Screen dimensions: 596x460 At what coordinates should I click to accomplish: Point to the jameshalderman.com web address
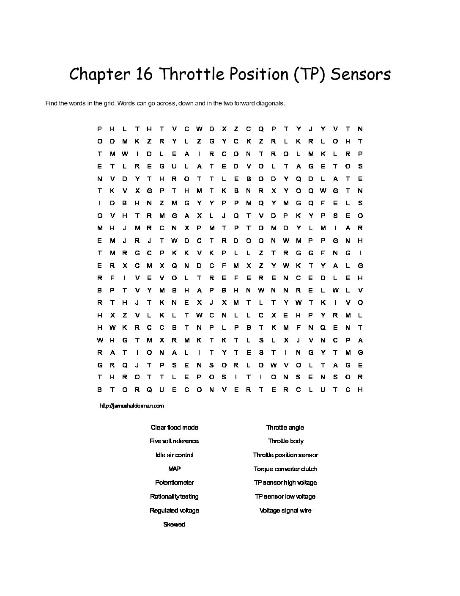[131, 406]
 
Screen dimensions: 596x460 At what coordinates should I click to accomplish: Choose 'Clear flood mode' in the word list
[174, 428]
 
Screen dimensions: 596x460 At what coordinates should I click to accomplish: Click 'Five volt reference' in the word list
[174, 441]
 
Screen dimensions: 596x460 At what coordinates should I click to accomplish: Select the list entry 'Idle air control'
[174, 455]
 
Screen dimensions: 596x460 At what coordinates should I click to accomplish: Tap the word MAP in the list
[174, 469]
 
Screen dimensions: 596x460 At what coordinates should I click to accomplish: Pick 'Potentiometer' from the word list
[174, 483]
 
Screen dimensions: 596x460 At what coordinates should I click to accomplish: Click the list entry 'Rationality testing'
[174, 497]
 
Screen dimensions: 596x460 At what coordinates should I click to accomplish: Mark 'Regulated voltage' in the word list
[174, 510]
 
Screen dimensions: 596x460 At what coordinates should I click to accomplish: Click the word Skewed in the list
[174, 524]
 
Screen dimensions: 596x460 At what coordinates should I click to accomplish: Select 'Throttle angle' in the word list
[285, 428]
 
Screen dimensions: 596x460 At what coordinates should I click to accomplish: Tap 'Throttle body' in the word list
[285, 441]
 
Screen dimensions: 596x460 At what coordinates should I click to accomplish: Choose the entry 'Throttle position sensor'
[285, 455]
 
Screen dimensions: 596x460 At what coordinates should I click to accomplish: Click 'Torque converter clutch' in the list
[285, 469]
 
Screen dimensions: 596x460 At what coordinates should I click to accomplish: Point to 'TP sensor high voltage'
[285, 483]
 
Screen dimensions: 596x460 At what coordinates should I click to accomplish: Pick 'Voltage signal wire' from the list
[285, 510]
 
